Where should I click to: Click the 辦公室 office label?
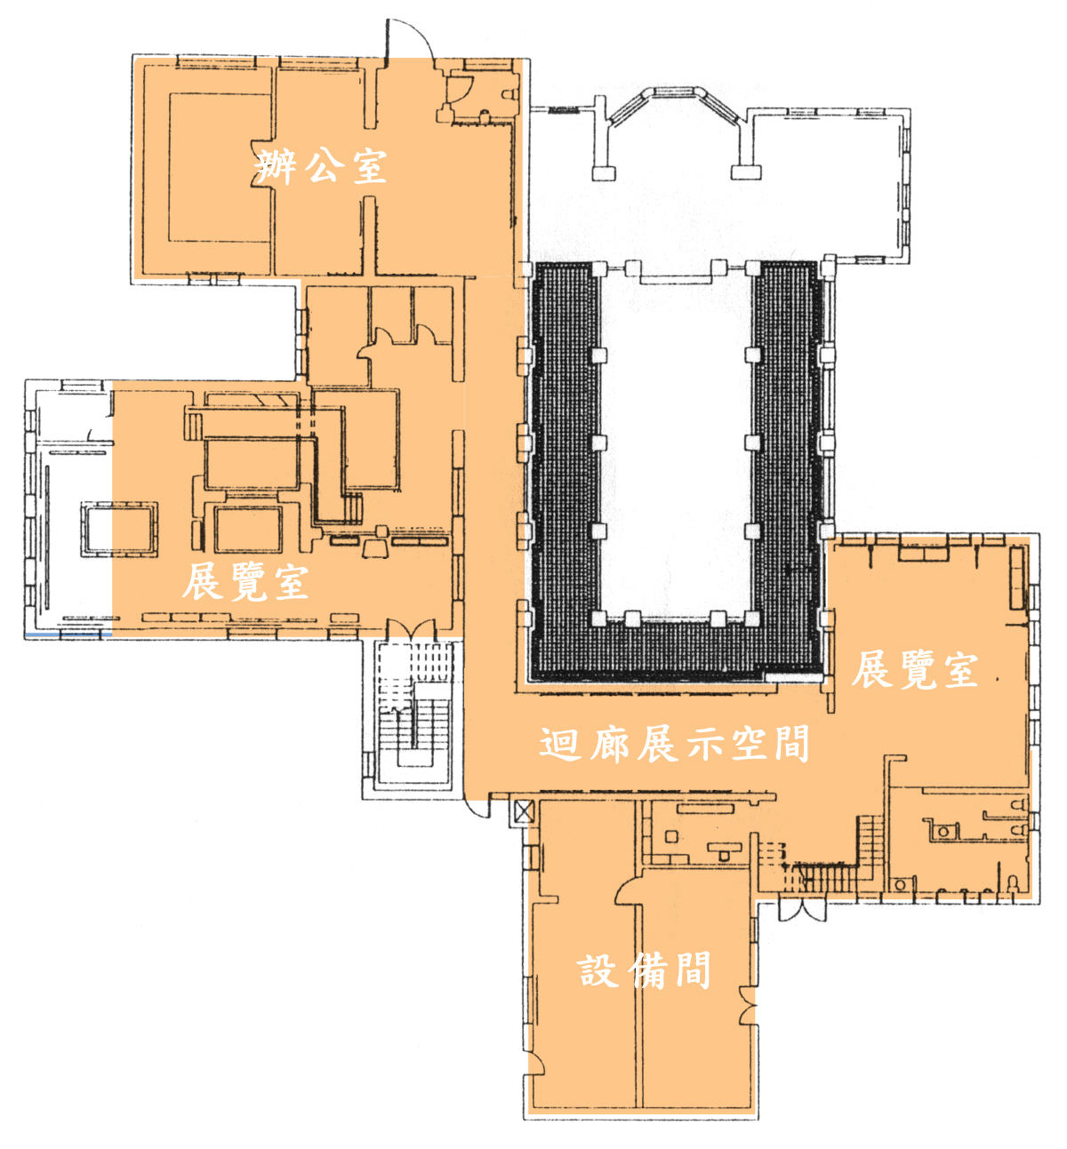pyautogui.click(x=319, y=167)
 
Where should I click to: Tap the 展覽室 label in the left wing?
pyautogui.click(x=245, y=581)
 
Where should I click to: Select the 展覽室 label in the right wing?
pyautogui.click(x=915, y=670)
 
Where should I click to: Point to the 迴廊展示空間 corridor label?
pyautogui.click(x=674, y=744)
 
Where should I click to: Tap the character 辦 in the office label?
pyautogui.click(x=273, y=167)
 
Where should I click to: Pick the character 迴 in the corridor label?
pyautogui.click(x=560, y=744)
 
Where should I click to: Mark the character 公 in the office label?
pyautogui.click(x=319, y=167)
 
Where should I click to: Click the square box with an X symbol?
pyautogui.click(x=523, y=812)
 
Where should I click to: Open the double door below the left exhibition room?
pyautogui.click(x=411, y=629)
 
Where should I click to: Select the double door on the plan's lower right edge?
pyautogui.click(x=801, y=910)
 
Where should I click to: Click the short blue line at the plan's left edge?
pyautogui.click(x=68, y=635)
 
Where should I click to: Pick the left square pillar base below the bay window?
pyautogui.click(x=603, y=172)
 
